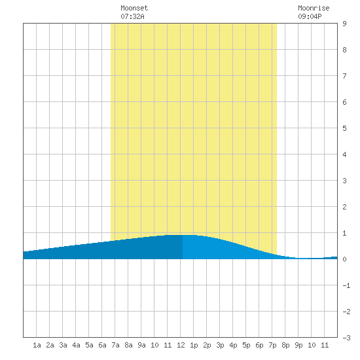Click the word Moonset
(x=134, y=8)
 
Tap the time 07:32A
(x=132, y=16)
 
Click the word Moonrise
(x=314, y=8)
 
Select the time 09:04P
(x=310, y=16)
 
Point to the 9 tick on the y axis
(x=344, y=24)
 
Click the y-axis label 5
(x=344, y=128)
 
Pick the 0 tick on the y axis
(x=344, y=259)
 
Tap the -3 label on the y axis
(x=346, y=338)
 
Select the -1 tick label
(x=346, y=285)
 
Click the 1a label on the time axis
(x=37, y=345)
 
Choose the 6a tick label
(x=102, y=345)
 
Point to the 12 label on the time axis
(x=181, y=345)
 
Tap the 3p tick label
(x=220, y=345)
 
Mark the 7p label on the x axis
(x=272, y=345)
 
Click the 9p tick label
(x=298, y=345)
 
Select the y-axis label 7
(x=344, y=76)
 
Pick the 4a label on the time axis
(x=76, y=345)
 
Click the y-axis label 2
(x=344, y=207)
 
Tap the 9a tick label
(x=141, y=345)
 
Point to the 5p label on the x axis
(x=246, y=345)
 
